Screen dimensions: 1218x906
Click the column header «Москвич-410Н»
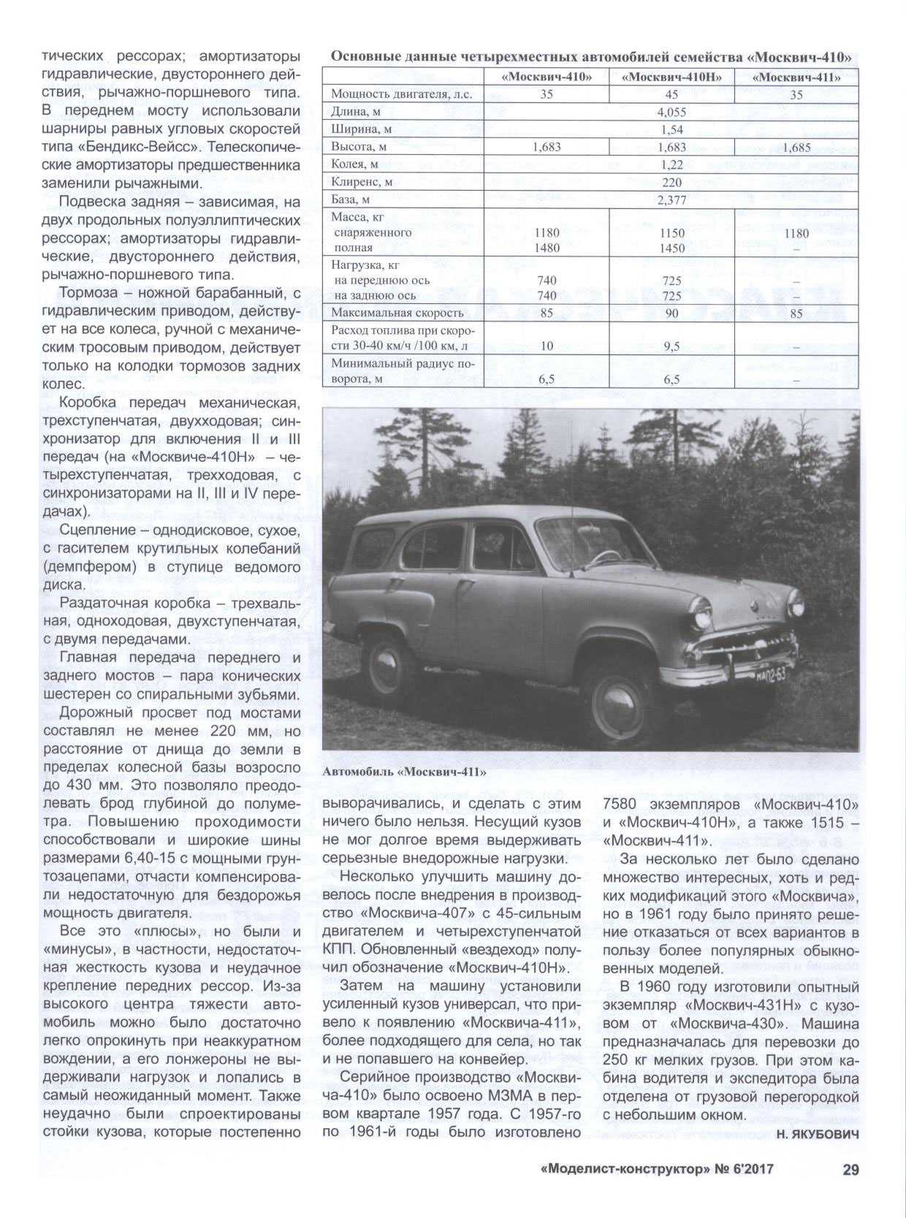coord(671,77)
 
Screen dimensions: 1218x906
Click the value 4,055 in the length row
coord(671,112)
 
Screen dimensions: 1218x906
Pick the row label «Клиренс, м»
coord(362,182)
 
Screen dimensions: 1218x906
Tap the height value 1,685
coord(796,147)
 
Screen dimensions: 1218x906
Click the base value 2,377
coord(671,199)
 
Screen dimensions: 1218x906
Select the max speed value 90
coord(671,313)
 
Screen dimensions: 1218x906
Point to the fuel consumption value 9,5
coord(671,346)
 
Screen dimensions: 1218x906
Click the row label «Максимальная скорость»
coord(397,313)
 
